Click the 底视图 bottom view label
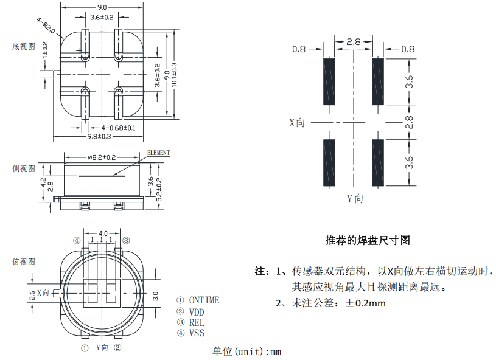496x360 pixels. [24, 46]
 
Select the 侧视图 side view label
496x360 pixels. [24, 168]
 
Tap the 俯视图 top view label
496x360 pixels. [24, 261]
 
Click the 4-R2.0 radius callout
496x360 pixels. [47, 25]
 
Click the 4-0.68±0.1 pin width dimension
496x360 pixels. [119, 128]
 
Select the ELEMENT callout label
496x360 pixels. [158, 153]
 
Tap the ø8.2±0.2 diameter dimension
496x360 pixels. [102, 157]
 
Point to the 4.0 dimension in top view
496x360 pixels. [103, 233]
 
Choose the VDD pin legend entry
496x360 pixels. [197, 311]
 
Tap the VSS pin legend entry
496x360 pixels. [197, 333]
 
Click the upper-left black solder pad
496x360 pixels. [329, 81]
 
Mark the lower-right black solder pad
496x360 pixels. [378, 162]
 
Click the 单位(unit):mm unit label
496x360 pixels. [246, 351]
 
